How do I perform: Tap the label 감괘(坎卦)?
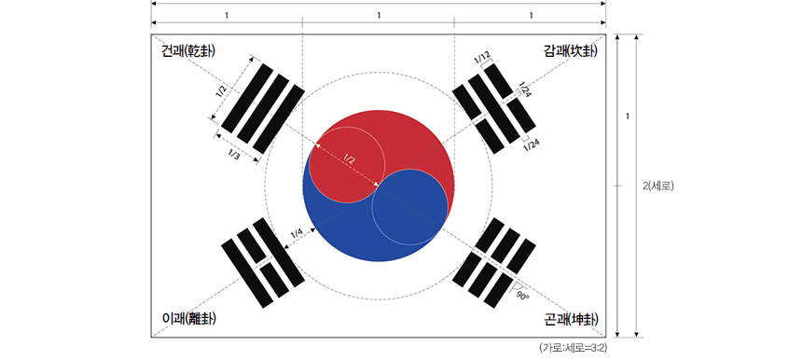pos(569,51)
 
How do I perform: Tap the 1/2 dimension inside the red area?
pos(349,159)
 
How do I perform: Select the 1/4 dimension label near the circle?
pos(296,232)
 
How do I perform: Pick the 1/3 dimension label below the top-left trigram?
pos(233,155)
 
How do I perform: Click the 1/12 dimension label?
pos(482,59)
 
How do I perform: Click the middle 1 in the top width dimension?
pos(379,16)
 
